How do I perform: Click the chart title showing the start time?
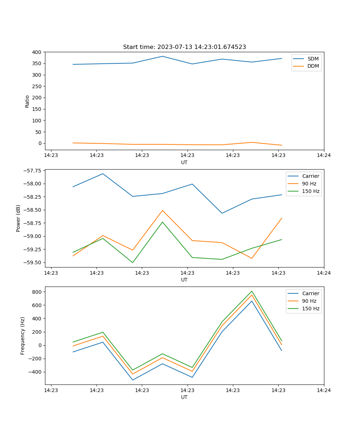[184, 47]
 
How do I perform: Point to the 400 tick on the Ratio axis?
[36, 52]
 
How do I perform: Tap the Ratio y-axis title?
[27, 101]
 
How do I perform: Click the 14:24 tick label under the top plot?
[324, 156]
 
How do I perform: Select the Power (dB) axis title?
[18, 218]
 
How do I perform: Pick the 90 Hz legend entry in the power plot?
[309, 184]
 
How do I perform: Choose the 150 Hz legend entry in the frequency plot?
[311, 309]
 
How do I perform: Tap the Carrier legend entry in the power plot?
[310, 176]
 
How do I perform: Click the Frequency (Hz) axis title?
[23, 336]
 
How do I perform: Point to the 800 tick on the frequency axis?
[37, 292]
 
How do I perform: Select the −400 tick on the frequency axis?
[35, 372]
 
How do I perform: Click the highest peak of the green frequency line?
[252, 291]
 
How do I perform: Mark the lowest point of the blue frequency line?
[132, 380]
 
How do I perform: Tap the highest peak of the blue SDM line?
[162, 56]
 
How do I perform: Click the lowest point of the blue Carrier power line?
[222, 213]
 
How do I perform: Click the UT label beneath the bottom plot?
[184, 397]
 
